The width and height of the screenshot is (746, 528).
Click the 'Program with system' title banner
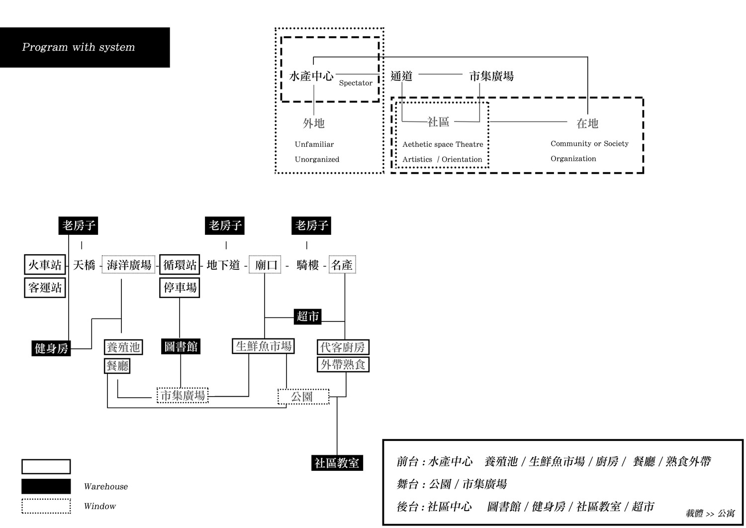(x=85, y=47)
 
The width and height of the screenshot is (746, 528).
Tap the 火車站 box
(x=45, y=265)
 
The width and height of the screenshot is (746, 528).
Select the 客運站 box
(x=45, y=288)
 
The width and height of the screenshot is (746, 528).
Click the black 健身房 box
(x=51, y=348)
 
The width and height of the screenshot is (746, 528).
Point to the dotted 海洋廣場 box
(x=129, y=265)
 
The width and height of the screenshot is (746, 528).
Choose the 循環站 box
(x=180, y=265)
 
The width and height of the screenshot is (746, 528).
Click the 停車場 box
(x=180, y=288)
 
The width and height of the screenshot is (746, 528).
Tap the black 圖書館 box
(x=181, y=346)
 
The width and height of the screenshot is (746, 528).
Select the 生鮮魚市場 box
(x=264, y=346)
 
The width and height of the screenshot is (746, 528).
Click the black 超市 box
(x=308, y=316)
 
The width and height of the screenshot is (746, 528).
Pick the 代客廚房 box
(x=343, y=347)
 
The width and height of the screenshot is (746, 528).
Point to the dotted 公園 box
(x=303, y=397)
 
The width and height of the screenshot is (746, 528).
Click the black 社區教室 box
(x=337, y=463)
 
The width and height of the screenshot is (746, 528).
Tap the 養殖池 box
(x=123, y=347)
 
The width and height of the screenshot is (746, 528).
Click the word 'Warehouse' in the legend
(x=105, y=487)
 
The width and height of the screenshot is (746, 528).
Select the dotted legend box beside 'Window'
(x=46, y=506)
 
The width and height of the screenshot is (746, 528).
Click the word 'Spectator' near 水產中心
(x=356, y=83)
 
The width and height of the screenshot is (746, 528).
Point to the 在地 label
(x=587, y=123)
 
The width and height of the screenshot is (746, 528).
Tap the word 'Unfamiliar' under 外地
(x=314, y=144)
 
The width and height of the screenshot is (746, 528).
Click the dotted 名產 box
(x=342, y=265)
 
